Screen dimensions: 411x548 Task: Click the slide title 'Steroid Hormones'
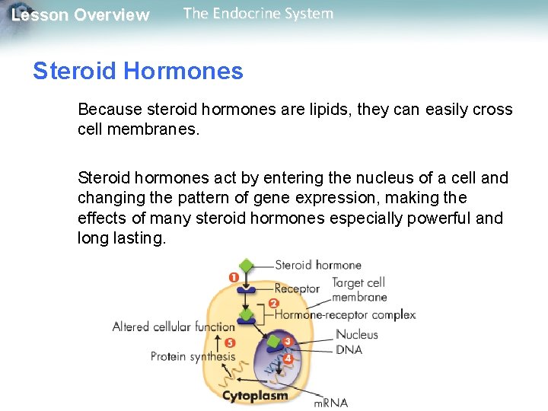point(138,72)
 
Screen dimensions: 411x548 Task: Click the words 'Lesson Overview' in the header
point(81,15)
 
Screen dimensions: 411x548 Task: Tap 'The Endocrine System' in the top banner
point(258,14)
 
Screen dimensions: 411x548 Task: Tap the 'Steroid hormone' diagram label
point(317,266)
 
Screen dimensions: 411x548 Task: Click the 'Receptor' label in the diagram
point(297,288)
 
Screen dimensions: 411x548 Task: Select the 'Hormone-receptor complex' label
point(345,314)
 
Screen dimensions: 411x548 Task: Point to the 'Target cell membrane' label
point(359,290)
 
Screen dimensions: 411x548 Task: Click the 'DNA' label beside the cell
point(349,349)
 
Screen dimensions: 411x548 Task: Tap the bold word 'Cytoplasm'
point(255,396)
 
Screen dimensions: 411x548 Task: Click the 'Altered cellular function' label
point(174,327)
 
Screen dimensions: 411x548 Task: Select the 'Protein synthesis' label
point(193,356)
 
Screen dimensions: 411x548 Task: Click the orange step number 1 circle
point(234,278)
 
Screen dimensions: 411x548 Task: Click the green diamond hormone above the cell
point(246,266)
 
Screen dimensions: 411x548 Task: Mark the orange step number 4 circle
point(288,358)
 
